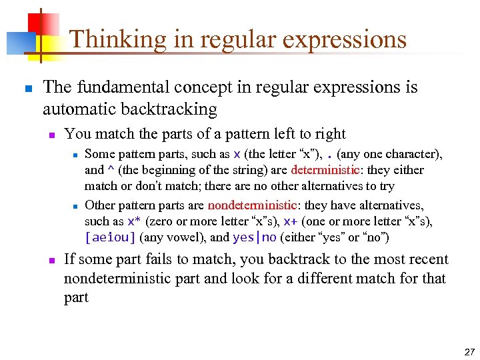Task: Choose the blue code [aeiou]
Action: tap(110, 237)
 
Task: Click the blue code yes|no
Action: tap(254, 237)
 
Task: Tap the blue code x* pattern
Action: tap(134, 221)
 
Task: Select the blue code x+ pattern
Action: tap(290, 221)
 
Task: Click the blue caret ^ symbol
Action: tap(110, 171)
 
